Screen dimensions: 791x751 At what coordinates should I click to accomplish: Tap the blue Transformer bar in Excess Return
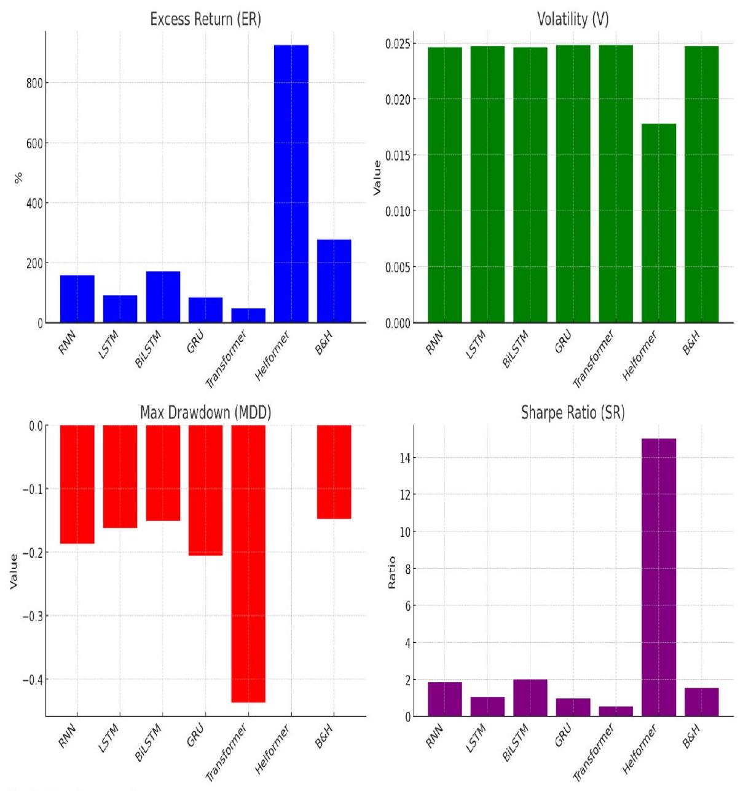click(x=248, y=315)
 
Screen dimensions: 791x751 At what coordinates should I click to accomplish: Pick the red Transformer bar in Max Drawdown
click(x=248, y=563)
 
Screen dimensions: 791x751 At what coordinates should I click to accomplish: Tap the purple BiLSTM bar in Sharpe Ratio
click(x=530, y=698)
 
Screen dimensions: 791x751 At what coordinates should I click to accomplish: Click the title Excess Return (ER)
click(x=206, y=19)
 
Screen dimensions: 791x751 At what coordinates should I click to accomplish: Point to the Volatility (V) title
click(x=573, y=19)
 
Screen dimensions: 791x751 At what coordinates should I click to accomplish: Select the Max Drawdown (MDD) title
click(x=205, y=413)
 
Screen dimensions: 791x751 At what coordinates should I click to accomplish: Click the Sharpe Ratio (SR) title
click(x=573, y=413)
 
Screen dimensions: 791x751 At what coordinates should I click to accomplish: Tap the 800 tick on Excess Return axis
click(x=31, y=83)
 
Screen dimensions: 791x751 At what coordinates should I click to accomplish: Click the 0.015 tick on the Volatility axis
click(x=397, y=155)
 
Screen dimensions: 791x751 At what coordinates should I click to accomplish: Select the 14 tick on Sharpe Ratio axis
click(x=405, y=458)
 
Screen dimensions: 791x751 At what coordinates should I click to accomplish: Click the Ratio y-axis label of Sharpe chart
click(x=391, y=573)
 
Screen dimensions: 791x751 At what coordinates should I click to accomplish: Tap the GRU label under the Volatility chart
click(x=564, y=341)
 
